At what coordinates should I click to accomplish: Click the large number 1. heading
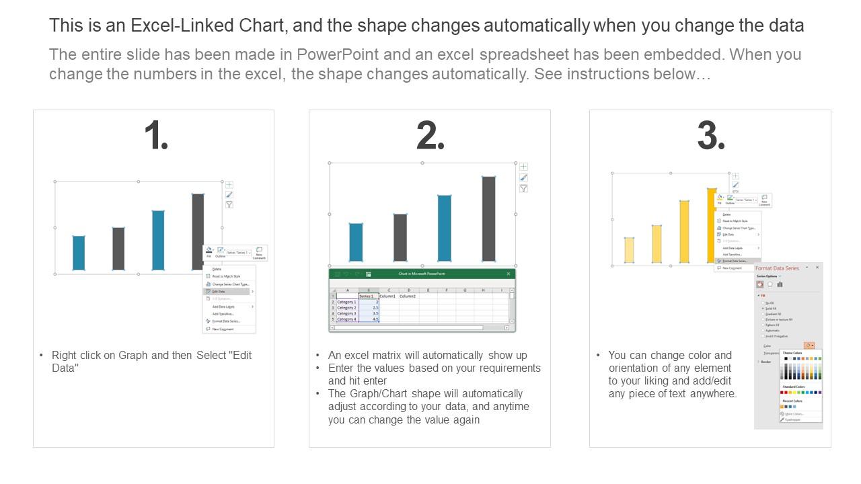(156, 136)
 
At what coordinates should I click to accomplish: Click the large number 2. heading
(430, 136)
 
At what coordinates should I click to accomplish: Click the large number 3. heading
(710, 136)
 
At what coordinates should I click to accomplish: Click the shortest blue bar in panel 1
(79, 253)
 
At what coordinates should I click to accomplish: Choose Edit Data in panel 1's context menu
(219, 292)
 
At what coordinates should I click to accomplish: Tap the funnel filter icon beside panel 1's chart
(229, 204)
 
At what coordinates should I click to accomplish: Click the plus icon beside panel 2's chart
(523, 167)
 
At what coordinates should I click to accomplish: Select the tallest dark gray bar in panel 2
(488, 218)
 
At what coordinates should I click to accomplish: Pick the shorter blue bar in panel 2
(356, 242)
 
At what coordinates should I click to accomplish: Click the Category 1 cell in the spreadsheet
(346, 302)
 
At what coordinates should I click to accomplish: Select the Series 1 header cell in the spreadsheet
(367, 296)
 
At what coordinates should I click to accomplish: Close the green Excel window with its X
(509, 274)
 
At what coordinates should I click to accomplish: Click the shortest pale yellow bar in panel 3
(630, 250)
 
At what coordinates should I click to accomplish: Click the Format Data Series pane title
(777, 268)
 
